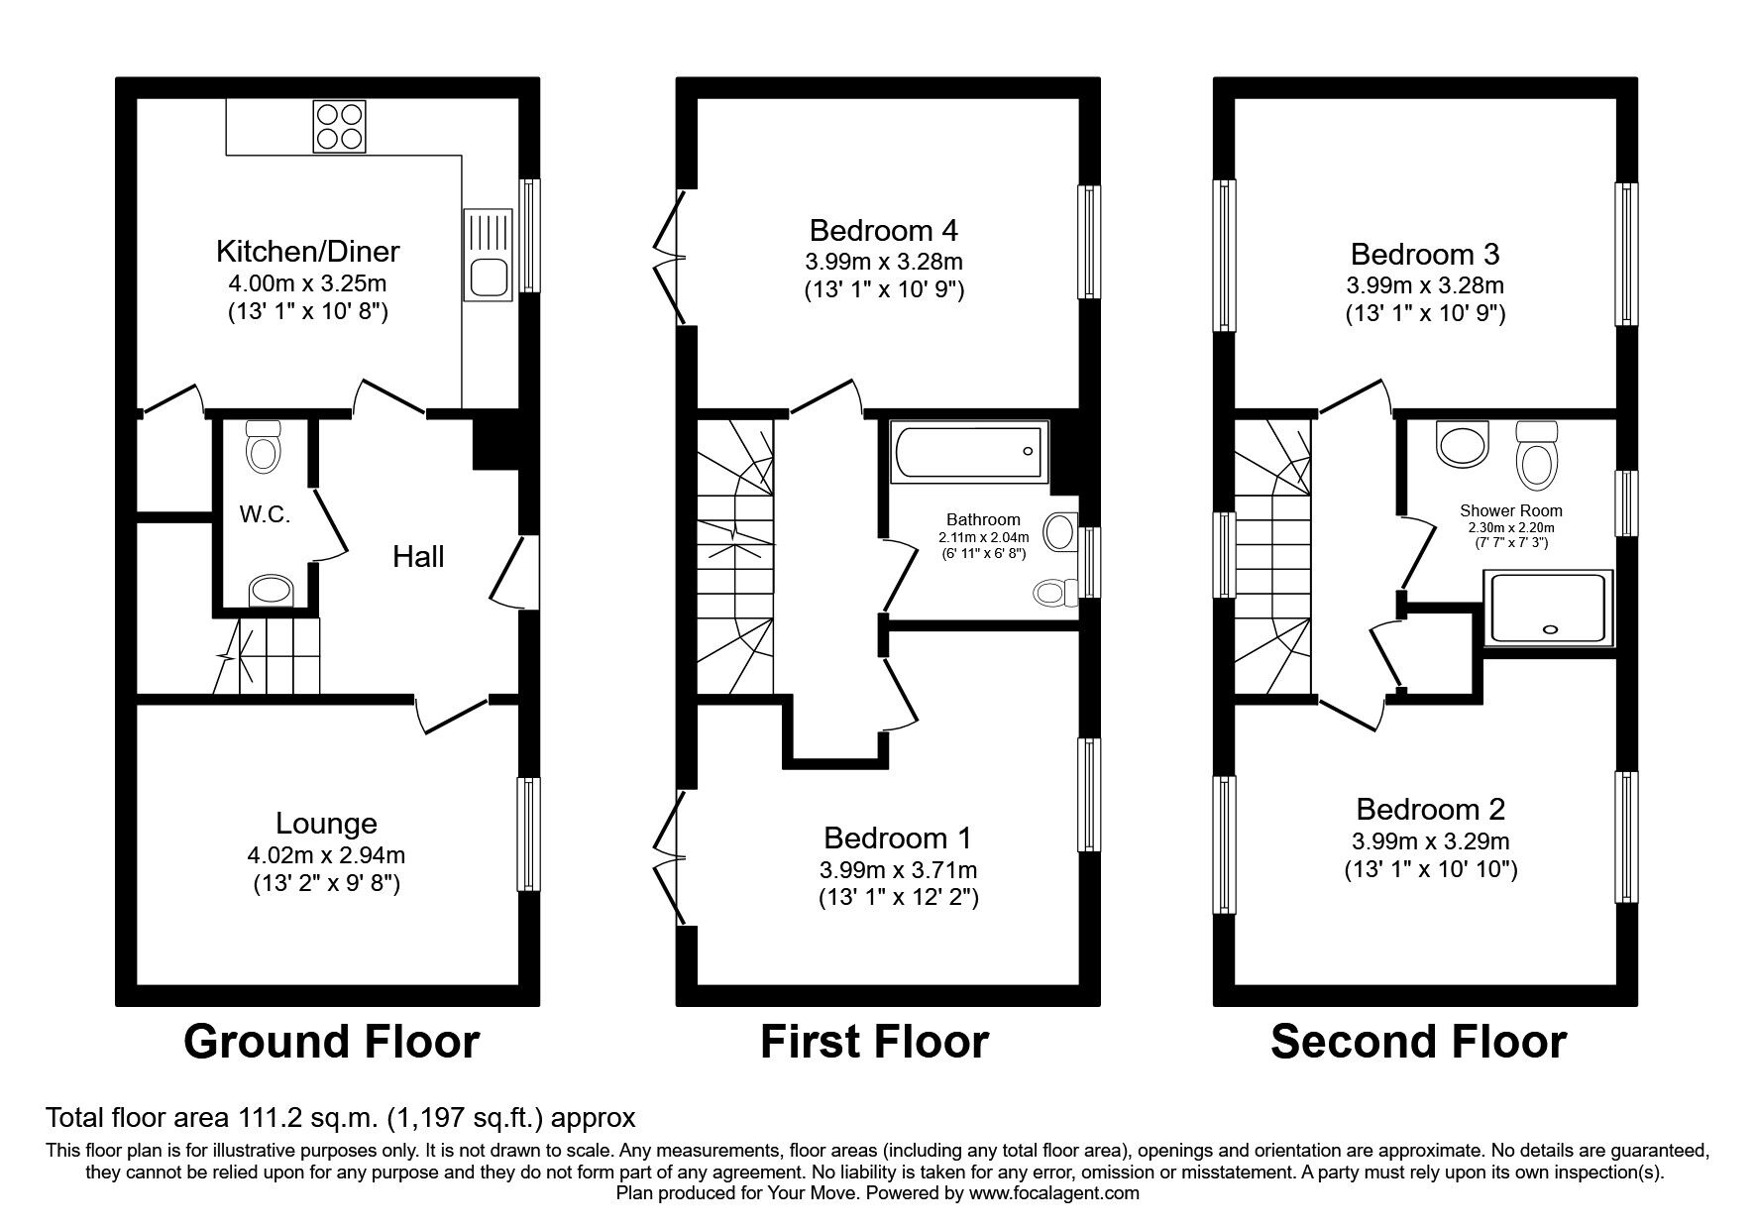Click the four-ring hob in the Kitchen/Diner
pos(340,126)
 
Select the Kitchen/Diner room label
pos(307,250)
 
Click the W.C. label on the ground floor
pos(265,514)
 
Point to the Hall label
pos(418,557)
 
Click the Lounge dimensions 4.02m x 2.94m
pos(326,854)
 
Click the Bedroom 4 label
pos(883,231)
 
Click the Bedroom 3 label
pos(1425,254)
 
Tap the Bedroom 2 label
pos(1430,810)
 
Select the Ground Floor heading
pos(331,1042)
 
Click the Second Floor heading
pos(1418,1042)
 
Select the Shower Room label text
pos(1510,511)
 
